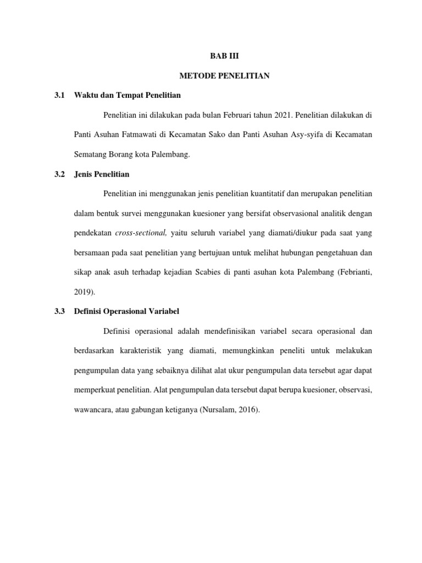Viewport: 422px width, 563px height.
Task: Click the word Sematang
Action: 91,155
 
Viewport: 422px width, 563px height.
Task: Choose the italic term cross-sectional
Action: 141,234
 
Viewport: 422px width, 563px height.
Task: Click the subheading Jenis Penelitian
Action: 101,174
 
